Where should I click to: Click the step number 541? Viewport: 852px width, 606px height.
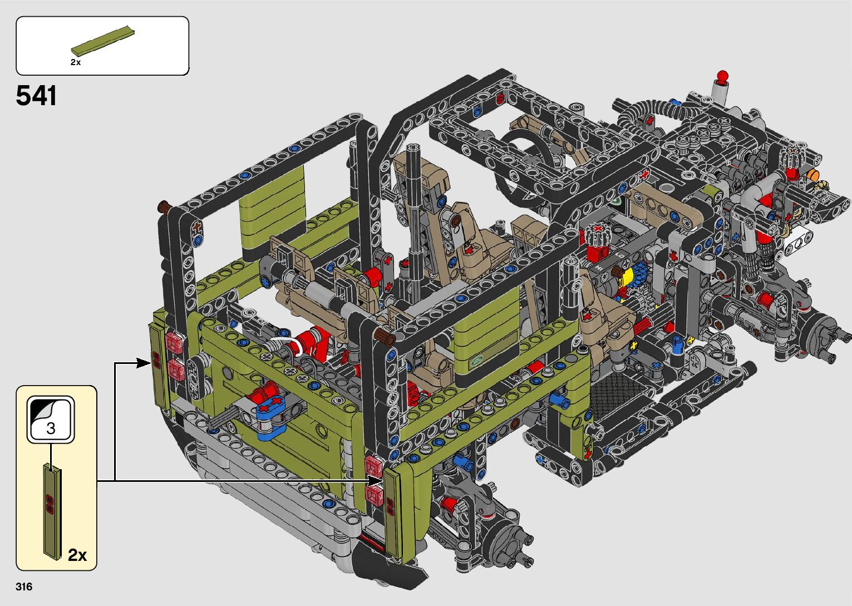click(x=36, y=96)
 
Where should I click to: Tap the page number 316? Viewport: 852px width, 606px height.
click(x=24, y=587)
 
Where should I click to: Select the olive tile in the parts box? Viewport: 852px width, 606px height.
click(x=103, y=41)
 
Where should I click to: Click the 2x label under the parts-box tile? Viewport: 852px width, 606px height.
click(x=76, y=62)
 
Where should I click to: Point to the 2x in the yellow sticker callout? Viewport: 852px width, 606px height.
click(x=77, y=555)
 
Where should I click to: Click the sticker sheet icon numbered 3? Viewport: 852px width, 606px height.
click(x=51, y=420)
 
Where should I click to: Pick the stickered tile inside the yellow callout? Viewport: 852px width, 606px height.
click(x=53, y=511)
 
